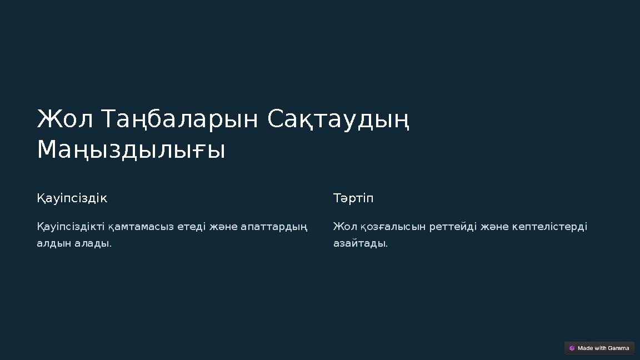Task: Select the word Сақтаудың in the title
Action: point(338,119)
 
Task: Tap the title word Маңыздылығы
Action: point(131,150)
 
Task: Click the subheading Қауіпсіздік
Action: point(72,198)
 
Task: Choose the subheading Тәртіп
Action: point(353,198)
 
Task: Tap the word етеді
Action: point(192,227)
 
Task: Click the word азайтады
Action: point(360,243)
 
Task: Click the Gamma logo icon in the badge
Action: point(572,348)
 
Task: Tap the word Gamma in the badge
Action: point(618,348)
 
